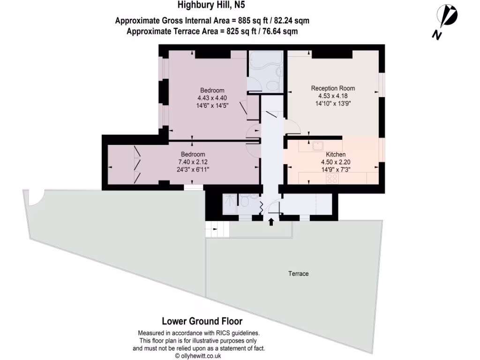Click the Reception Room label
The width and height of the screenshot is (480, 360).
[333, 88]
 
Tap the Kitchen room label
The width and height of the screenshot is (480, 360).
[336, 155]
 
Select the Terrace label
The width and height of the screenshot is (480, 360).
[299, 274]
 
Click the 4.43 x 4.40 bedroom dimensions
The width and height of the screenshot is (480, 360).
[212, 98]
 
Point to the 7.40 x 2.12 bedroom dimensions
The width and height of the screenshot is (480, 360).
[193, 162]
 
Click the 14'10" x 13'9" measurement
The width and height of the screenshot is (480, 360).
[333, 104]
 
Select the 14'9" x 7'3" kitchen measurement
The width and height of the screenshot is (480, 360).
[336, 170]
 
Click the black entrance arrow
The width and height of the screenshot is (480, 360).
[271, 222]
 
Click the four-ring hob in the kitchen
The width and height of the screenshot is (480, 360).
[332, 178]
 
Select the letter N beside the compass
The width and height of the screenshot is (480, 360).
[437, 35]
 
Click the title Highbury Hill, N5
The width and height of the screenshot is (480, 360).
[211, 5]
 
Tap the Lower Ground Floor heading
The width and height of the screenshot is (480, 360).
[202, 321]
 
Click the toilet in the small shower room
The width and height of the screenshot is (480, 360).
[245, 202]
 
